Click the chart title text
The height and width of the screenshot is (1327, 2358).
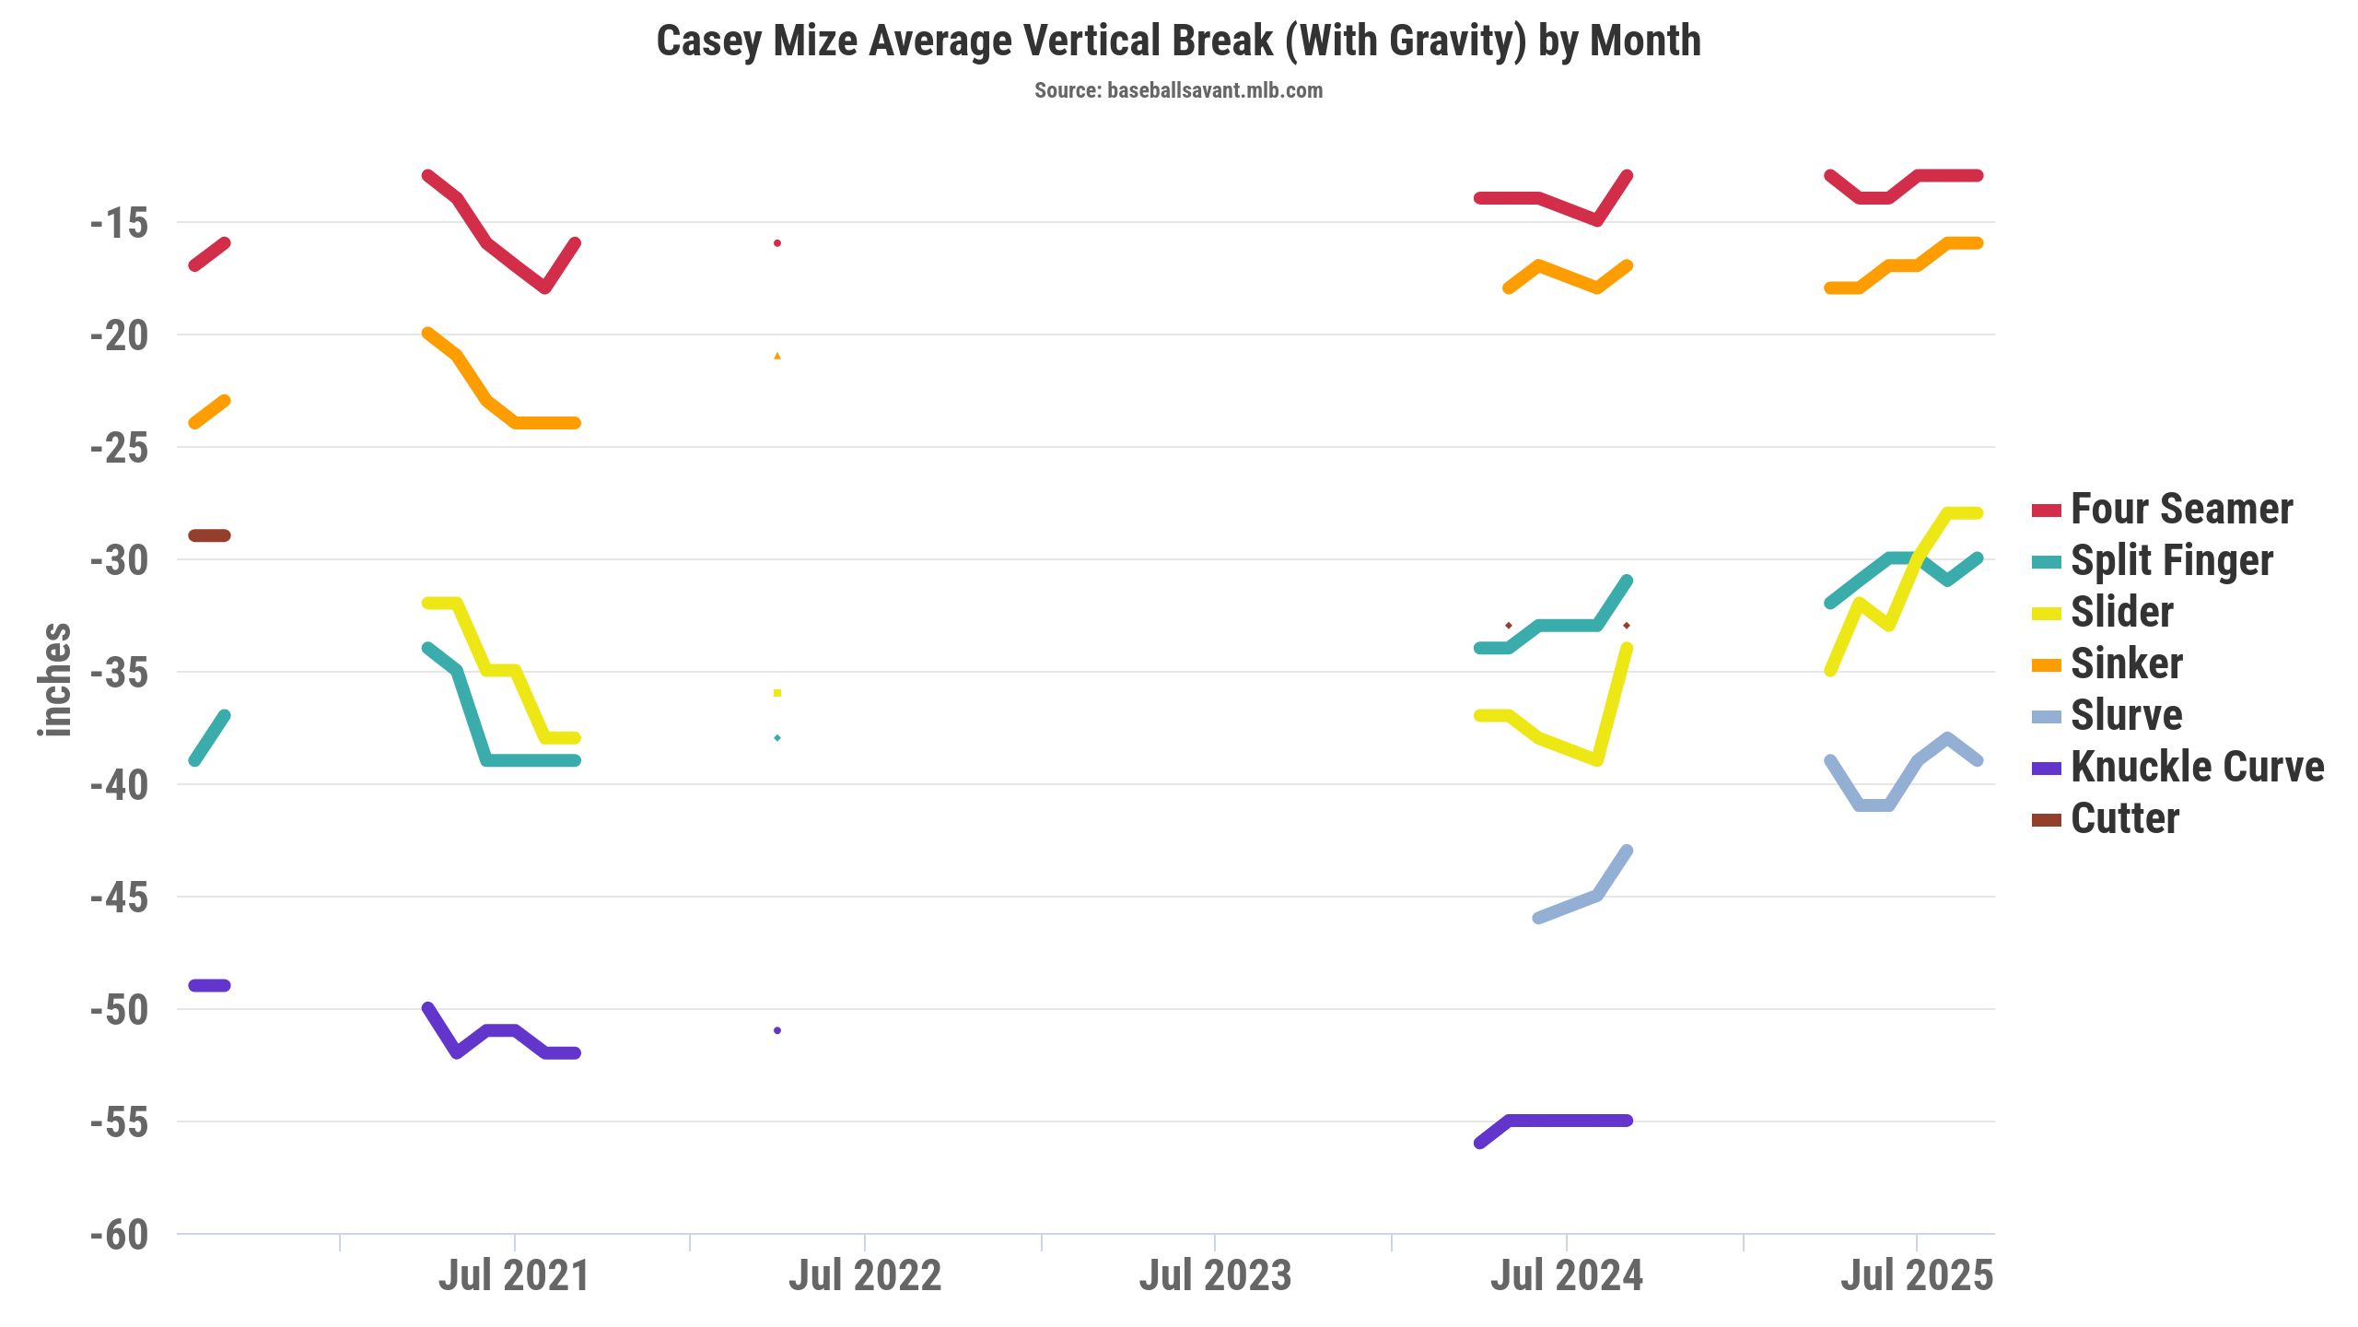(1178, 41)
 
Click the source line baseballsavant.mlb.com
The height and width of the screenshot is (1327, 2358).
(1178, 90)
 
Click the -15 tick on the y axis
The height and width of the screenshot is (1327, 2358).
(120, 224)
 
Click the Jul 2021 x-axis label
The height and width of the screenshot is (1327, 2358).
(513, 1276)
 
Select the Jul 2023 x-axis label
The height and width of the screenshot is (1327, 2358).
(1215, 1276)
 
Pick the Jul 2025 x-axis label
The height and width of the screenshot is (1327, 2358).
(1917, 1276)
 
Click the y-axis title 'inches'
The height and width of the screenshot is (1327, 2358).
(55, 680)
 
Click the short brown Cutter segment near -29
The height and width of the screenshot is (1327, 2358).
(209, 535)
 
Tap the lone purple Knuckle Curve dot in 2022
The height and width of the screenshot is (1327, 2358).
(777, 1030)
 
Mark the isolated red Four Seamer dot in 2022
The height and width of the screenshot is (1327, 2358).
(777, 243)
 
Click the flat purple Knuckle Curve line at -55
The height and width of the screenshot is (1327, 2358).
(1566, 1121)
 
